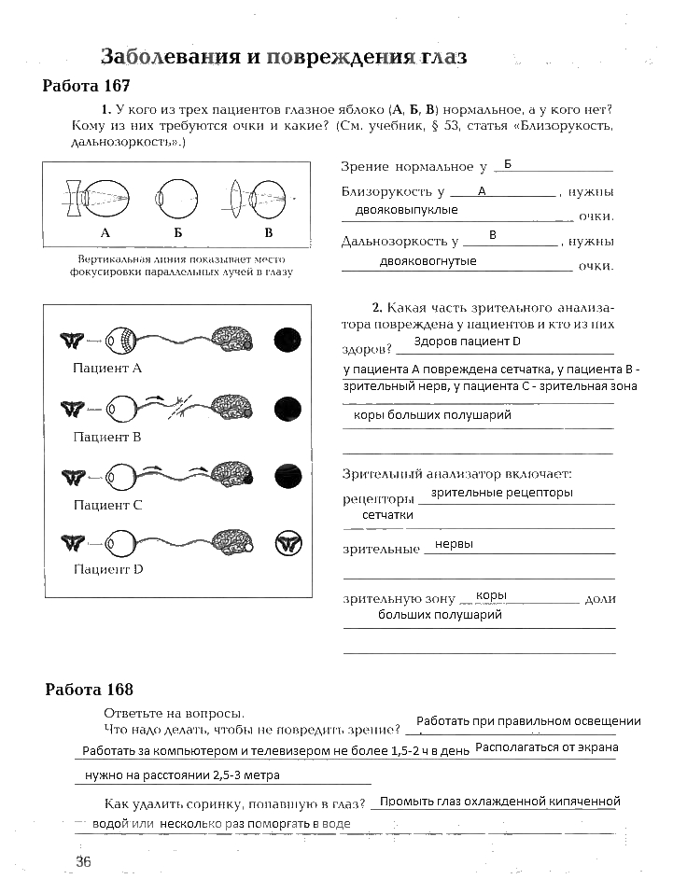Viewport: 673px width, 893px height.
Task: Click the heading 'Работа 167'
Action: click(86, 86)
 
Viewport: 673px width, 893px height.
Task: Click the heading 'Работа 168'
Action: click(90, 690)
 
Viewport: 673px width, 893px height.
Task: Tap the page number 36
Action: click(83, 861)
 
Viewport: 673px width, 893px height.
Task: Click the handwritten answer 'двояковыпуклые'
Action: click(406, 211)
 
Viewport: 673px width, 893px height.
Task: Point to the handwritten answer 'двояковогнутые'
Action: click(428, 261)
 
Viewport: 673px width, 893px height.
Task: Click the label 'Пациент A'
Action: click(107, 368)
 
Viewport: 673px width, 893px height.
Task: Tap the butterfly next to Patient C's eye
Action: click(73, 477)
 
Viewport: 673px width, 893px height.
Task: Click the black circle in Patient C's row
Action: click(287, 477)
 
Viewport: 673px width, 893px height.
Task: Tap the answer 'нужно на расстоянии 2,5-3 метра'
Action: click(182, 775)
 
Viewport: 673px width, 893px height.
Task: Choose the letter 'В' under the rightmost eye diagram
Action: click(269, 231)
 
